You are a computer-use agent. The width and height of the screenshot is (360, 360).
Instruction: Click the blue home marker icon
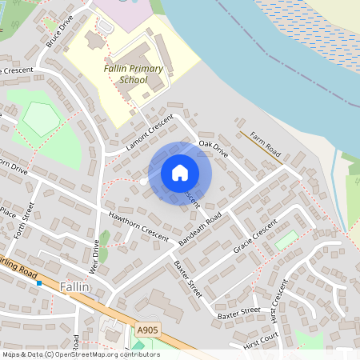180,173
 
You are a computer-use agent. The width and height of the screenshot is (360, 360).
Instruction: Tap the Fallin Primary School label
134,74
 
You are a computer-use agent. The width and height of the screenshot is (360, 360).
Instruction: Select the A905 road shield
147,330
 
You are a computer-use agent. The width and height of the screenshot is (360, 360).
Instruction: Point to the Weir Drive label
94,257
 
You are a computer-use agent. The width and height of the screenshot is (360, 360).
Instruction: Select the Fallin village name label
76,286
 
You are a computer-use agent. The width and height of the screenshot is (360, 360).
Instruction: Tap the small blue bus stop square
38,283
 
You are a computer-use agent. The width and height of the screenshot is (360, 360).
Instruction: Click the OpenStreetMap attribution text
80,354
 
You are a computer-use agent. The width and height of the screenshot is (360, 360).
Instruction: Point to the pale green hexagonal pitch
42,119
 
